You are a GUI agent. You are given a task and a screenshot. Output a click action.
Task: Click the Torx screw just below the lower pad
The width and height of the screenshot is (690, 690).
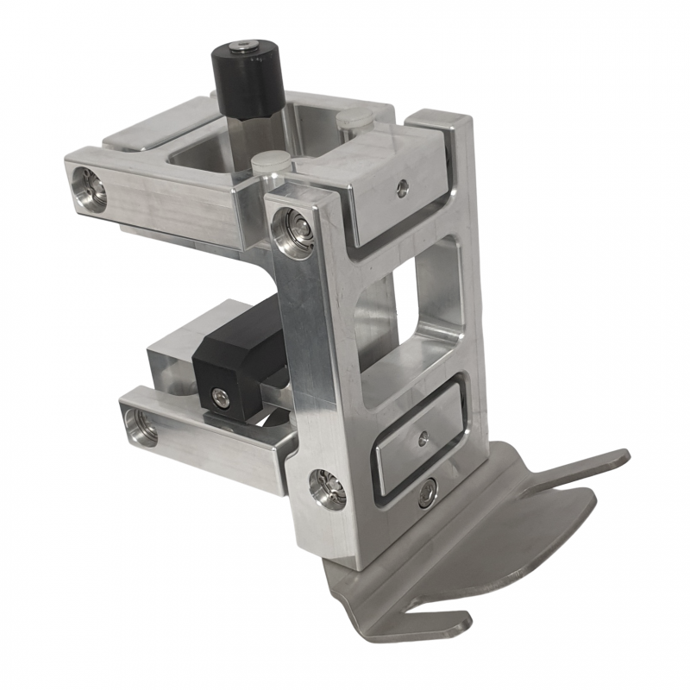pyautogui.click(x=426, y=494)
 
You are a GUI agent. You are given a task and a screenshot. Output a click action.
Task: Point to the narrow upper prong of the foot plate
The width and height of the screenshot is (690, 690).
pyautogui.click(x=586, y=466)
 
